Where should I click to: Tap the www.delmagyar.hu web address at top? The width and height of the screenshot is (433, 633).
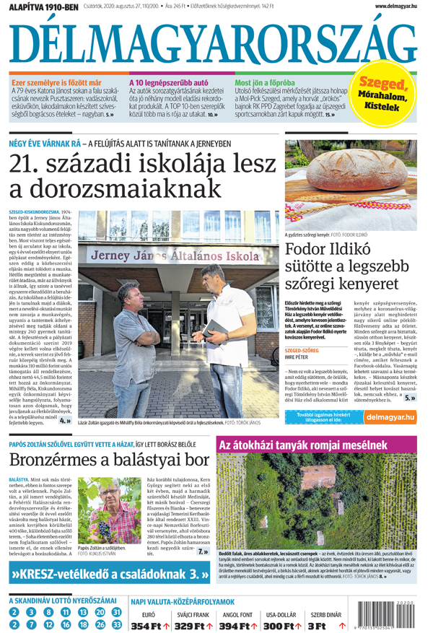(x=398, y=6)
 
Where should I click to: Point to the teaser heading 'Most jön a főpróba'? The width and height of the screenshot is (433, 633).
(x=266, y=82)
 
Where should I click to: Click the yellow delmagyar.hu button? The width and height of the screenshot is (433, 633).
(x=390, y=416)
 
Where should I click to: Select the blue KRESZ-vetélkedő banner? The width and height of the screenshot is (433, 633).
(x=108, y=575)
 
